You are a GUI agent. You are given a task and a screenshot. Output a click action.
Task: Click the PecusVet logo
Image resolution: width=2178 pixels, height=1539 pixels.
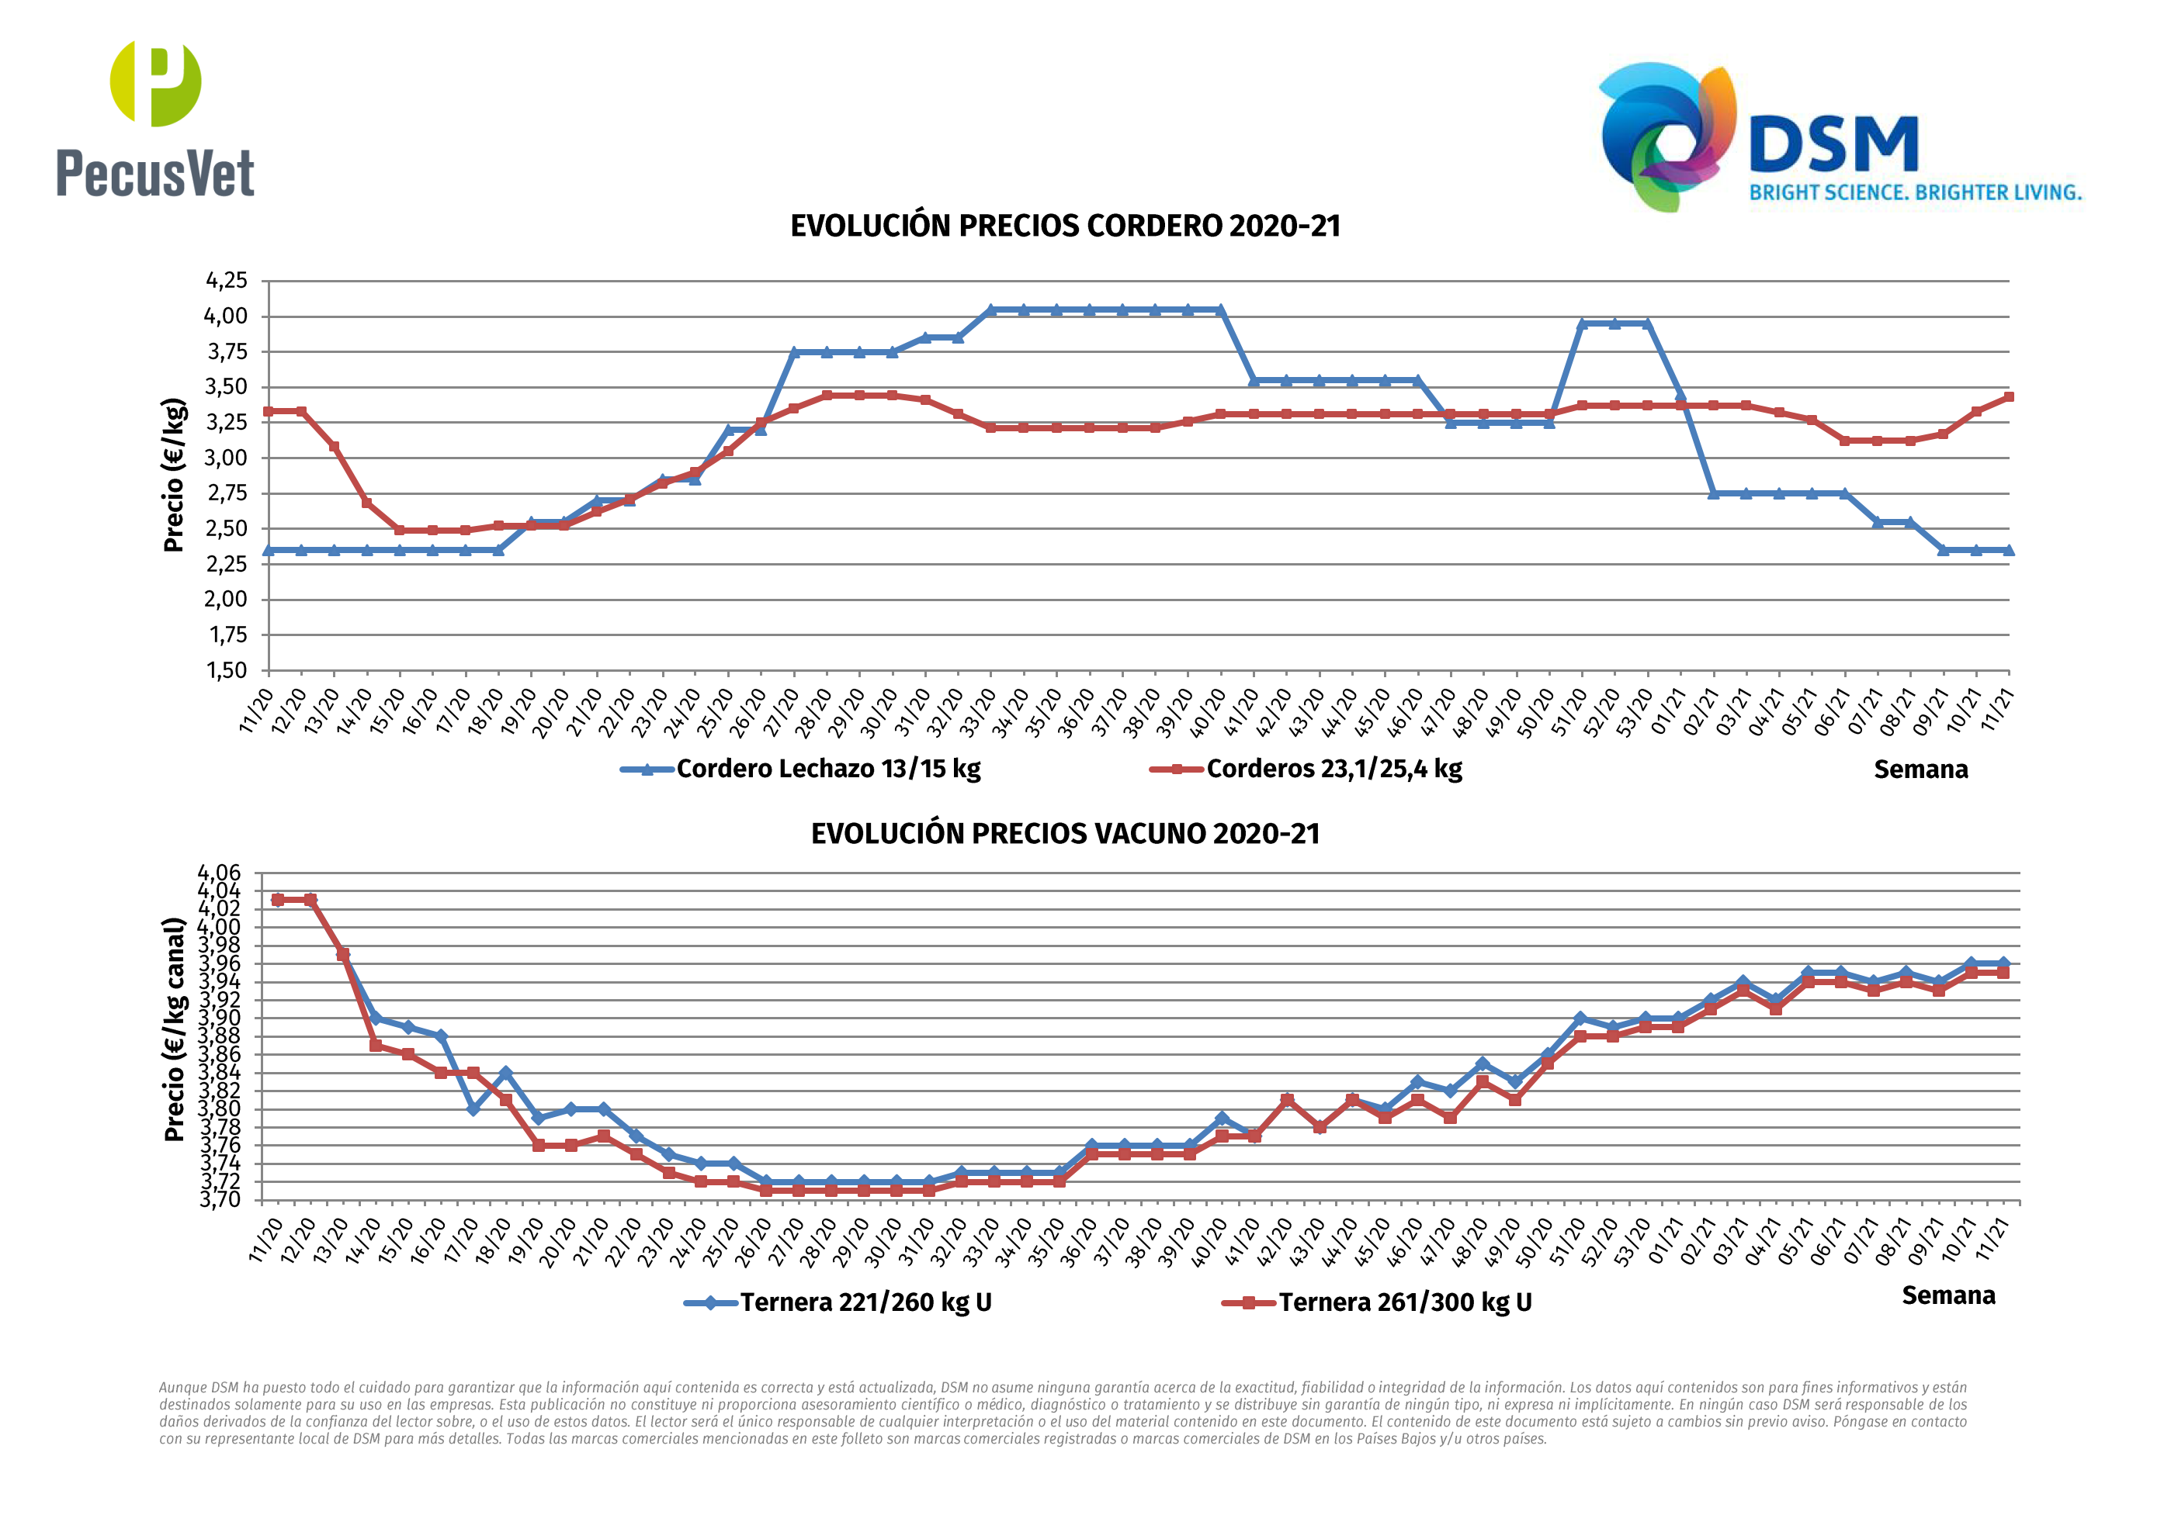[x=155, y=119]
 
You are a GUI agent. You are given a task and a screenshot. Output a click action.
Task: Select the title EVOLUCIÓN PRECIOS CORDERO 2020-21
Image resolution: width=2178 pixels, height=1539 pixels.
[x=1065, y=227]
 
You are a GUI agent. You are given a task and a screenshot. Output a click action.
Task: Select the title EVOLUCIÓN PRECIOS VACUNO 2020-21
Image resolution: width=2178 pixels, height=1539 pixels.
[x=1065, y=835]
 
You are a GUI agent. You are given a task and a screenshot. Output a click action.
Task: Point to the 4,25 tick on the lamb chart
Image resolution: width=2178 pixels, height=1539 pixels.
[x=227, y=281]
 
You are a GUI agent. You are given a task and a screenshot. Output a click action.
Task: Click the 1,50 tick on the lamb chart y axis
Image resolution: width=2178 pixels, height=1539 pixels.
[x=227, y=670]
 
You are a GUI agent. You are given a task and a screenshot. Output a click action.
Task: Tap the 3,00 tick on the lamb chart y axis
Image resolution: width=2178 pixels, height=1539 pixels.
[x=227, y=458]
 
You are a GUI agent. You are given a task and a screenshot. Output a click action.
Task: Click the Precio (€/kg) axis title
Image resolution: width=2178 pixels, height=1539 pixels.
[x=174, y=475]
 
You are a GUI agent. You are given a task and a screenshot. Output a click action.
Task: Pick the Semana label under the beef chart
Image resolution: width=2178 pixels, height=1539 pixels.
[x=1948, y=1296]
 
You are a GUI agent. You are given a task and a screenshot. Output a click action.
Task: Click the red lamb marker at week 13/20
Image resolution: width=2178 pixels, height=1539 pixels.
[x=334, y=447]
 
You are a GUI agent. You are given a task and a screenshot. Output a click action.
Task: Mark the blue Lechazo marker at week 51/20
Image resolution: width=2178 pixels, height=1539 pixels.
[x=1581, y=324]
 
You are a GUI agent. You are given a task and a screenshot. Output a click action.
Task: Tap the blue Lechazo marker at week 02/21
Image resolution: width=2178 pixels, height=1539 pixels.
[x=1713, y=494]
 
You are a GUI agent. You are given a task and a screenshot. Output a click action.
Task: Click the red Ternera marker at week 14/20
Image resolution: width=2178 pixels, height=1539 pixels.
[x=376, y=1045]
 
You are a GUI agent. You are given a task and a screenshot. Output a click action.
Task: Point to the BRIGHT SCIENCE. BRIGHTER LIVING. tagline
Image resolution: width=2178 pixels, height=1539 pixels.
[x=1915, y=192]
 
